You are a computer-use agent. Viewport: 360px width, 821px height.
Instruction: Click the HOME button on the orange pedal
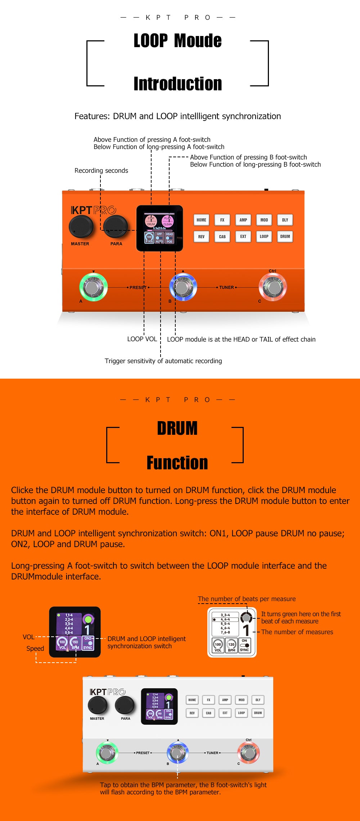(x=201, y=220)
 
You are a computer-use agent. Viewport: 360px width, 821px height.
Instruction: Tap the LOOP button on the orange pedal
(x=264, y=236)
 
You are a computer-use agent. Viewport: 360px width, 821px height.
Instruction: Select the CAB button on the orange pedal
(x=222, y=236)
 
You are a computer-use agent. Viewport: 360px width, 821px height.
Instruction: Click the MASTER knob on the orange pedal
(x=81, y=226)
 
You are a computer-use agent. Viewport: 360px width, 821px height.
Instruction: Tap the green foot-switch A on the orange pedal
(x=93, y=287)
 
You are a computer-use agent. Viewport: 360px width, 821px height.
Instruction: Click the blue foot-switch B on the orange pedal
(x=183, y=287)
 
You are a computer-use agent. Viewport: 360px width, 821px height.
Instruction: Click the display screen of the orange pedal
(x=159, y=228)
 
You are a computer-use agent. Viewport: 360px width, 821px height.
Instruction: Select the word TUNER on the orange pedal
(x=226, y=287)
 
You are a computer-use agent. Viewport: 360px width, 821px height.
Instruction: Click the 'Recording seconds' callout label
(x=101, y=171)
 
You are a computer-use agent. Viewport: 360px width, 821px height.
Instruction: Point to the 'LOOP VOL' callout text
(x=142, y=339)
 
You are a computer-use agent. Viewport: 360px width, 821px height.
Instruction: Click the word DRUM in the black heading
(x=177, y=428)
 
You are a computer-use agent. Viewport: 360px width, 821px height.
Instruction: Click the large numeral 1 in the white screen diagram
(x=246, y=630)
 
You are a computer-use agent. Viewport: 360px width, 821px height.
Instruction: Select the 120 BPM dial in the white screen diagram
(x=231, y=645)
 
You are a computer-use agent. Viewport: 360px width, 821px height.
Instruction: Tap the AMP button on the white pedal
(x=225, y=700)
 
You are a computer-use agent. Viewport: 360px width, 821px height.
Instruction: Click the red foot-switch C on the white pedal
(x=248, y=752)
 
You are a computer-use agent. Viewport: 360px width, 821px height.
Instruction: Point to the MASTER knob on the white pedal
(x=97, y=705)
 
